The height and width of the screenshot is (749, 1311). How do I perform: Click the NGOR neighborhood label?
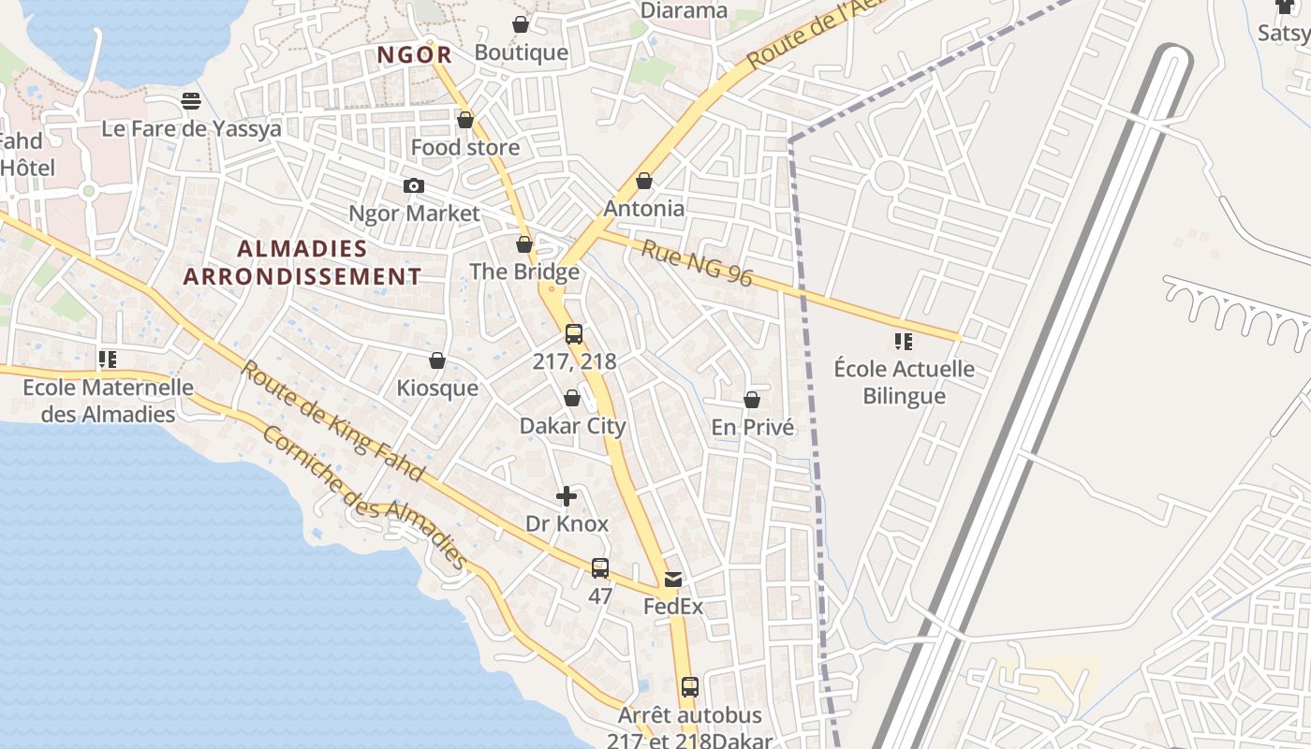[415, 55]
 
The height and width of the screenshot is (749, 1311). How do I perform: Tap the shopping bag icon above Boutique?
[521, 24]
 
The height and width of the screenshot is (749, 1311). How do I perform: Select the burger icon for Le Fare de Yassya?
[191, 101]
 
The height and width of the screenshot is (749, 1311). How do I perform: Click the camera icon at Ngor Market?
[413, 186]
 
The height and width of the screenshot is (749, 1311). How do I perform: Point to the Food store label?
[464, 148]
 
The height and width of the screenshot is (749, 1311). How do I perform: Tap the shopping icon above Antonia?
[644, 181]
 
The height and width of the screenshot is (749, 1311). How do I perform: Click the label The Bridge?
[524, 272]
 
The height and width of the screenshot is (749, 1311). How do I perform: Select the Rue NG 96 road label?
[698, 263]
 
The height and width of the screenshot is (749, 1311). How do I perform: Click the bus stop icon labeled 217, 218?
[574, 334]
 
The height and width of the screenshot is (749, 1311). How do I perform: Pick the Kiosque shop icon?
[437, 361]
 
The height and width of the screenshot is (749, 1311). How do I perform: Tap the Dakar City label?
[572, 426]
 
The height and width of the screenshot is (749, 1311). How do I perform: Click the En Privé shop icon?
[752, 401]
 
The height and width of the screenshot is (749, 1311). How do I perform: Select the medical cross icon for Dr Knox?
[567, 496]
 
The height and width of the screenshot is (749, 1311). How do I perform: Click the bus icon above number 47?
[600, 568]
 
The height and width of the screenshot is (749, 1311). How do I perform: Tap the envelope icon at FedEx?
[673, 580]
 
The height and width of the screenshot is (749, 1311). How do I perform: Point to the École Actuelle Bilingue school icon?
[904, 342]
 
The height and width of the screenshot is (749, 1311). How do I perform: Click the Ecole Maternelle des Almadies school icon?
[108, 360]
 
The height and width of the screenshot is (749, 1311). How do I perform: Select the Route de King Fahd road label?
[333, 419]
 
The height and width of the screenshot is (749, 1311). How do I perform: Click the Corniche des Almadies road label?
[365, 497]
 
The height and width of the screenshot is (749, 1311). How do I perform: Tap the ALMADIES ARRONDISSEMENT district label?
[302, 263]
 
